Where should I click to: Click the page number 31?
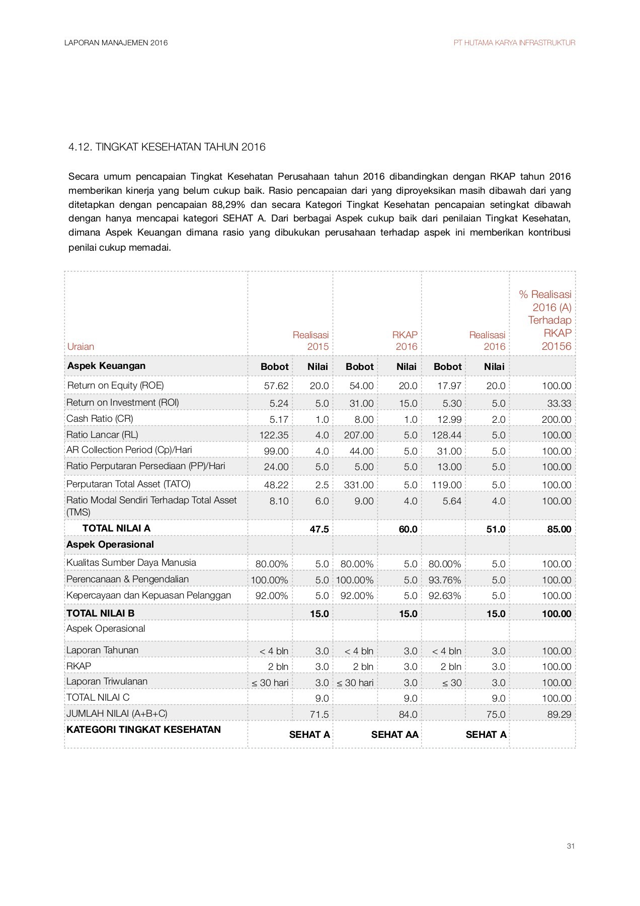571,846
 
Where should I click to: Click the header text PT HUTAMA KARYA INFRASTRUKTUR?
514,43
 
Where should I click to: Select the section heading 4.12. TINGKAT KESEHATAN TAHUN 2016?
167,147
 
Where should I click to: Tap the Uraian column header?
81,346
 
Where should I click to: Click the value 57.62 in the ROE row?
276,386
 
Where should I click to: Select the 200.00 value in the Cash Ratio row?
556,419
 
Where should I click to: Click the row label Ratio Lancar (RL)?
102,434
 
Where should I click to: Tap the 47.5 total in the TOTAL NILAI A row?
319,529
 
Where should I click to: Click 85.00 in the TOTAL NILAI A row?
559,529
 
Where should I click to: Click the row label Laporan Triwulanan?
107,682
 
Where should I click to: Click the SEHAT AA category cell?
394,735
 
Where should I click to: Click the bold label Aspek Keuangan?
106,366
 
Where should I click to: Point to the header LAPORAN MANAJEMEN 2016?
116,43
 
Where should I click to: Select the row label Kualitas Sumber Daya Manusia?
131,563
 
